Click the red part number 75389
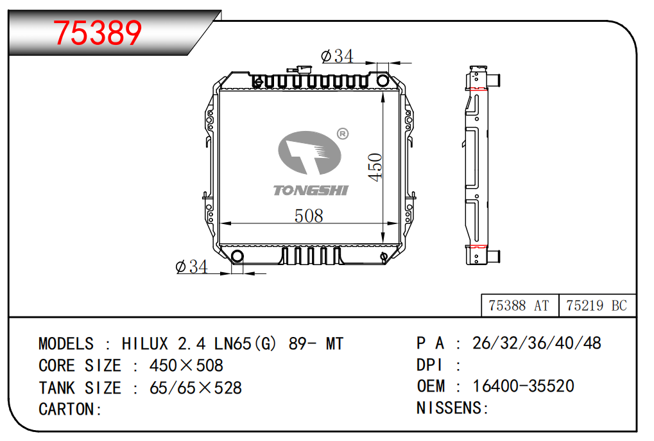pos(98,33)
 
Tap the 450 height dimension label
pos(375,168)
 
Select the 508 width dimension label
pos(309,216)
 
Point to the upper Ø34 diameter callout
pos(337,56)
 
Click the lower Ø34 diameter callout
pos(191,266)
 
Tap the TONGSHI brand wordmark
pos(311,191)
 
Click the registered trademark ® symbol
pos(343,134)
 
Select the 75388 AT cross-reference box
pos(519,306)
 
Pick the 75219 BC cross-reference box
pos(597,306)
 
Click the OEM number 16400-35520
pos(524,386)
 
